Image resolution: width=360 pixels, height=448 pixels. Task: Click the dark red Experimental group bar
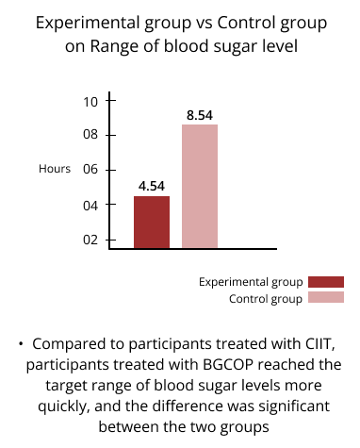(152, 223)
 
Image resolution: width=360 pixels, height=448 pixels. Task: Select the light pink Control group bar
(200, 187)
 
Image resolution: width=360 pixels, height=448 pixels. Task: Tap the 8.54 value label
(200, 115)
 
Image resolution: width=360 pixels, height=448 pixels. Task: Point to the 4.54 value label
(152, 186)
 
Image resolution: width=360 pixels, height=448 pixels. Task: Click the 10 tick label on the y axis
(90, 102)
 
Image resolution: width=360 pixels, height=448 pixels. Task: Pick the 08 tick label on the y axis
(90, 135)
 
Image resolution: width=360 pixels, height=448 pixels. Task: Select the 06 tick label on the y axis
(90, 170)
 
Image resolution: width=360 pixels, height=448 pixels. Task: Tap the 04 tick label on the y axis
(90, 206)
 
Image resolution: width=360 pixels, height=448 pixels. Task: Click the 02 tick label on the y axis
(90, 240)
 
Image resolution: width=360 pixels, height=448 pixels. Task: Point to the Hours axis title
(55, 169)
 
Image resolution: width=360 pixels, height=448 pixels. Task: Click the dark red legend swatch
(326, 282)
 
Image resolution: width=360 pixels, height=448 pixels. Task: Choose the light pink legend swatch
(326, 297)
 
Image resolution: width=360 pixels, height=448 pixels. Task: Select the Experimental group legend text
(251, 282)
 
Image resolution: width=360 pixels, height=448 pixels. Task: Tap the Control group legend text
(266, 299)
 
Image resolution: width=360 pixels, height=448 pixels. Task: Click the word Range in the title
(115, 47)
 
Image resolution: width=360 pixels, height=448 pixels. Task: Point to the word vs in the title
(205, 23)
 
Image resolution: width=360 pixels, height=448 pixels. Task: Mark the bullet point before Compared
(21, 344)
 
